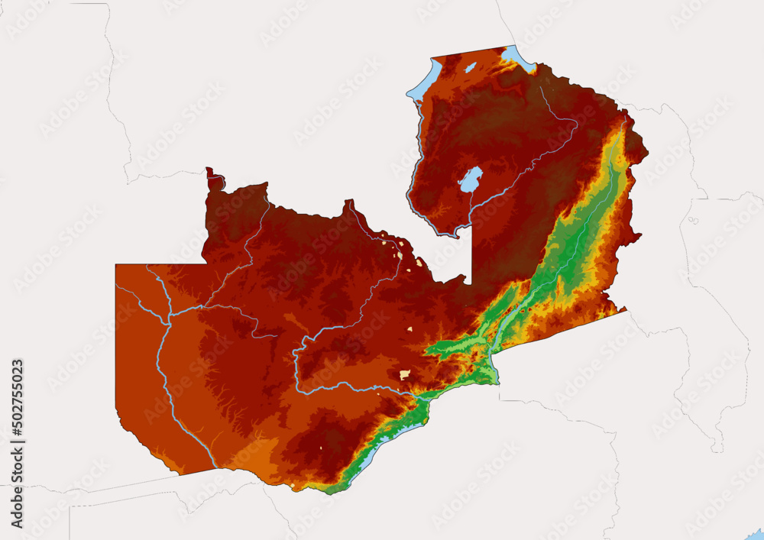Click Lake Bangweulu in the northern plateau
[470, 180]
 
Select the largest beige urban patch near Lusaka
[404, 375]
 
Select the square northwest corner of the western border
[117, 266]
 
